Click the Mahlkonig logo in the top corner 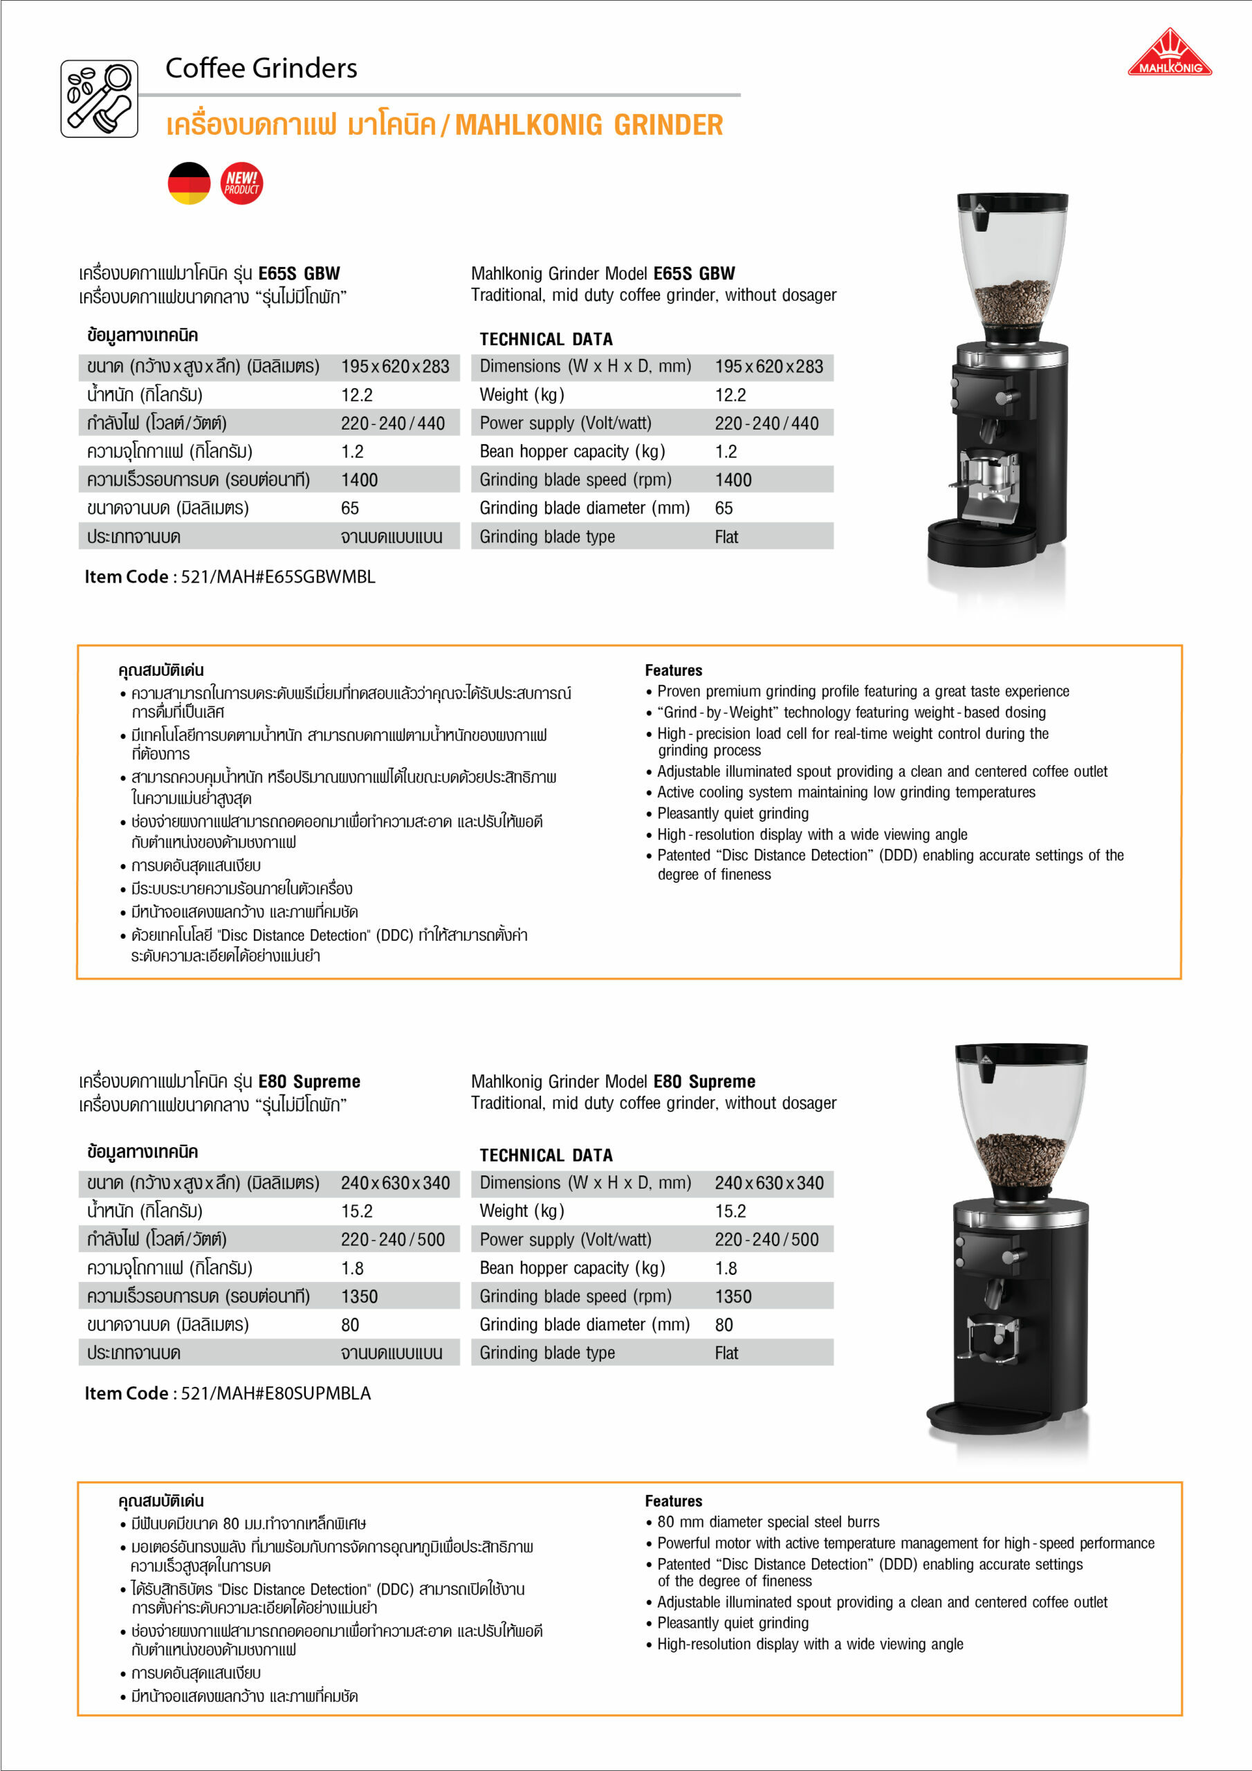1170,54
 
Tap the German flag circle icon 189,183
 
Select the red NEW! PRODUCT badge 241,183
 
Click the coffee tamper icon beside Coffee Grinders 100,99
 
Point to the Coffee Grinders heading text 261,68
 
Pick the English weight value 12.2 730,396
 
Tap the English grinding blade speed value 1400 733,480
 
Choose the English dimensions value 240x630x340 768,1183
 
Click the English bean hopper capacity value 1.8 726,1268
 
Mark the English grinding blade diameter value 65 724,508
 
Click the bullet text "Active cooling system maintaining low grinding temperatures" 845,792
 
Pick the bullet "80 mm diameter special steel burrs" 768,1522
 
